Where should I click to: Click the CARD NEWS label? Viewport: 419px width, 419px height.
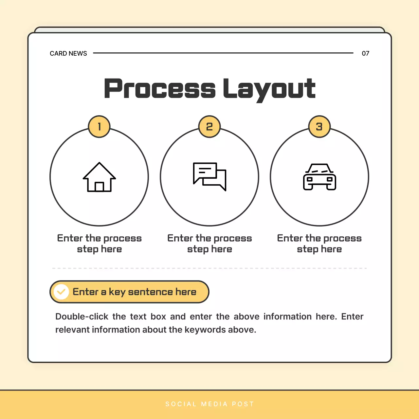point(68,53)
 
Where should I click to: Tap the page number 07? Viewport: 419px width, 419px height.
point(365,53)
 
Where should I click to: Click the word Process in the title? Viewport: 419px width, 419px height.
point(160,89)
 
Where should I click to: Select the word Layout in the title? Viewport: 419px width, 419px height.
point(269,89)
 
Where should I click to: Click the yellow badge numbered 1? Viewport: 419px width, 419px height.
point(99,127)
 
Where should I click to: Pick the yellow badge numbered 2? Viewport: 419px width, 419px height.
point(209,127)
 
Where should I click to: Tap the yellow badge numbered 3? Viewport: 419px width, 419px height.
point(319,127)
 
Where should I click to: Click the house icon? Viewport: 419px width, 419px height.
point(99,177)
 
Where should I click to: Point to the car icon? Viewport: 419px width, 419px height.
point(319,177)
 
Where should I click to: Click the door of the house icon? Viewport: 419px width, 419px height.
point(99,187)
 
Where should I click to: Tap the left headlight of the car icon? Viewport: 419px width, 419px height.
point(309,179)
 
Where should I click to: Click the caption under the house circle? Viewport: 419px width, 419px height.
point(99,244)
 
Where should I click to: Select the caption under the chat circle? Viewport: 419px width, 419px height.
point(209,244)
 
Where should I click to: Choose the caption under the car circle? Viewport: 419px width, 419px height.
point(319,244)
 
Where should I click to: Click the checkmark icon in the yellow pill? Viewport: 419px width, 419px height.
point(61,292)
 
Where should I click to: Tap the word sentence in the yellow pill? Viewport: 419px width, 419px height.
point(150,292)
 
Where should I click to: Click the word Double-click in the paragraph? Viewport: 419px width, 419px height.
point(82,317)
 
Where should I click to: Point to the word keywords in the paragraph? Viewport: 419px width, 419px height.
point(205,330)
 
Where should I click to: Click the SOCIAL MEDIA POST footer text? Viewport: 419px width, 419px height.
point(209,404)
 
